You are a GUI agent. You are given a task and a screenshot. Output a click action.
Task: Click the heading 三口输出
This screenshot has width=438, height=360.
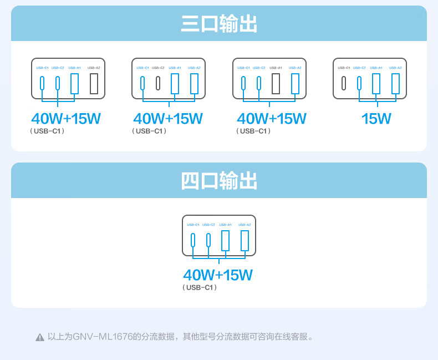click(x=218, y=24)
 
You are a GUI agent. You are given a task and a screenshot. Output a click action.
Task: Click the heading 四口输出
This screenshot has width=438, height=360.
click(x=218, y=181)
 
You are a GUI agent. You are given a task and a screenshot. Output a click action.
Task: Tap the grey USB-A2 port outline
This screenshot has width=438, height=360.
click(x=94, y=83)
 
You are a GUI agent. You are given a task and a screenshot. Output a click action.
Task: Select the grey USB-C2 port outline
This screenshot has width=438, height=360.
click(x=158, y=83)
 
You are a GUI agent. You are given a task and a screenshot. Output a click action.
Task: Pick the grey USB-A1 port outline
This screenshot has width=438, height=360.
click(x=276, y=83)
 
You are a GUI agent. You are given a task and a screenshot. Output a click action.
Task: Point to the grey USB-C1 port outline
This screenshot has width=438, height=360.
click(x=344, y=83)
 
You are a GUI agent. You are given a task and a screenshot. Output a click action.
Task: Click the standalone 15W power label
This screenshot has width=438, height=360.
click(x=376, y=119)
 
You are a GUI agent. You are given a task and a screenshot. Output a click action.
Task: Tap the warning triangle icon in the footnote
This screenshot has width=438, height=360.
click(x=40, y=337)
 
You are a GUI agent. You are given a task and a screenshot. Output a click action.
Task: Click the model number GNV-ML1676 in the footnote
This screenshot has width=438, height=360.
click(x=102, y=337)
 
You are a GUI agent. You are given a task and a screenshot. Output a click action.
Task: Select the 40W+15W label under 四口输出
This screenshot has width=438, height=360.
click(x=218, y=275)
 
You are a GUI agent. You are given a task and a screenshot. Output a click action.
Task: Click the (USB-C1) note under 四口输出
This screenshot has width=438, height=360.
click(x=200, y=287)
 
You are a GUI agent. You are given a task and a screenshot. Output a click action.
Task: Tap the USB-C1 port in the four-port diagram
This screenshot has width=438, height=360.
click(x=193, y=240)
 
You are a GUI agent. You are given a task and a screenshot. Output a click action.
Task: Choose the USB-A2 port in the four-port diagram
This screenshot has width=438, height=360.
click(x=245, y=240)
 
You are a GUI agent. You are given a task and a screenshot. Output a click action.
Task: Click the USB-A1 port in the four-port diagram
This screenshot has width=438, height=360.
click(x=225, y=240)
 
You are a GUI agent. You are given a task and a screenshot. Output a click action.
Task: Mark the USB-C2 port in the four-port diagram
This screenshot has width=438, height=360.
click(x=208, y=240)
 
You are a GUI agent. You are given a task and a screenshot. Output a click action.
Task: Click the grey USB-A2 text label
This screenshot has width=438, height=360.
click(x=94, y=68)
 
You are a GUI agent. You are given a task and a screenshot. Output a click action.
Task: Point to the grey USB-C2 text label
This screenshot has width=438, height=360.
click(x=158, y=68)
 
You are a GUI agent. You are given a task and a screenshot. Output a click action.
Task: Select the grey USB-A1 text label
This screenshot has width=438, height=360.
click(x=276, y=68)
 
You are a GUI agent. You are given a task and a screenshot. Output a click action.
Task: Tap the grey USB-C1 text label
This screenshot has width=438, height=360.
click(x=344, y=68)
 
